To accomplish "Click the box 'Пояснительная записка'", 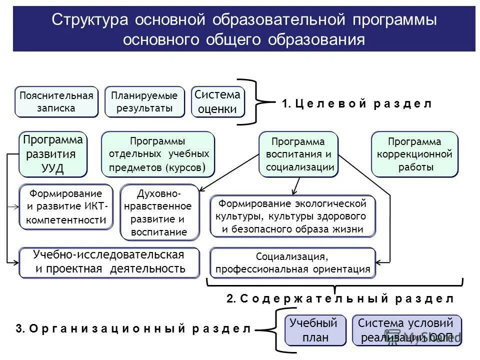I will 56,102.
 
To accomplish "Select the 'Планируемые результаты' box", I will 144,102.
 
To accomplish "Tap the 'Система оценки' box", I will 217,102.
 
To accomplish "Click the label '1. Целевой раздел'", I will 356,104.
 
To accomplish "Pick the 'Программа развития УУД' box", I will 52,154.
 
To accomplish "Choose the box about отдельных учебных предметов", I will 157,154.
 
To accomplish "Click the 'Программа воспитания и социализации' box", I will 298,154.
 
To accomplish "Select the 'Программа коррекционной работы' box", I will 414,154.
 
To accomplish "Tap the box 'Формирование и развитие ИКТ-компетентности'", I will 66,206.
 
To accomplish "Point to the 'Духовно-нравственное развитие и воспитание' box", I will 159,212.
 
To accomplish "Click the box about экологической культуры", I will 292,216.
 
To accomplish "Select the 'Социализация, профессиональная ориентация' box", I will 292,263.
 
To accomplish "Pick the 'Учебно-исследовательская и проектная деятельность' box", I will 109,262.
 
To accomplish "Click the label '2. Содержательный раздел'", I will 340,299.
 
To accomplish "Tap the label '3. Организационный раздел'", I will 133,329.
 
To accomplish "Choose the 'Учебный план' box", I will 315,330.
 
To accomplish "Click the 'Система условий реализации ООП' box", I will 406,330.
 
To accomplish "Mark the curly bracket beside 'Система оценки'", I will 257,101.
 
